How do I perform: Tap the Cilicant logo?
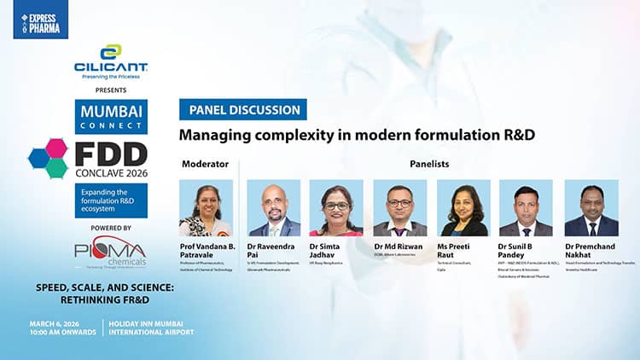coord(111,62)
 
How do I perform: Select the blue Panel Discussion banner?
coord(242,110)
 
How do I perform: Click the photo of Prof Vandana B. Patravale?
coord(206,207)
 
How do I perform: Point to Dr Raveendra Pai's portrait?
coord(273,207)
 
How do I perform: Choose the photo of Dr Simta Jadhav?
coord(336,207)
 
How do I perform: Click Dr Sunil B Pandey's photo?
coord(526,207)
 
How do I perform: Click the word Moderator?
coord(205,162)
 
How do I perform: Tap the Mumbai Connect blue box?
coord(111,117)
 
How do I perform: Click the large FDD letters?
coord(111,154)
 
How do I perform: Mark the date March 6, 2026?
coord(61,323)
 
